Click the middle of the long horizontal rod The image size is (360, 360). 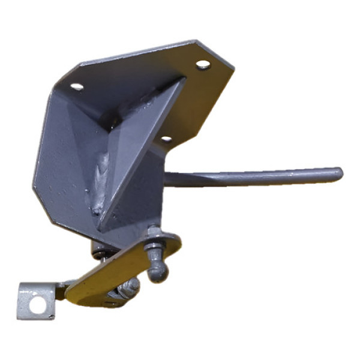pos(252,176)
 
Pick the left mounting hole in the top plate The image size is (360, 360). pos(77,86)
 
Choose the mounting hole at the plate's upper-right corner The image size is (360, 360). pos(203,64)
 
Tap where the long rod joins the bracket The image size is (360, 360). pos(170,178)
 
